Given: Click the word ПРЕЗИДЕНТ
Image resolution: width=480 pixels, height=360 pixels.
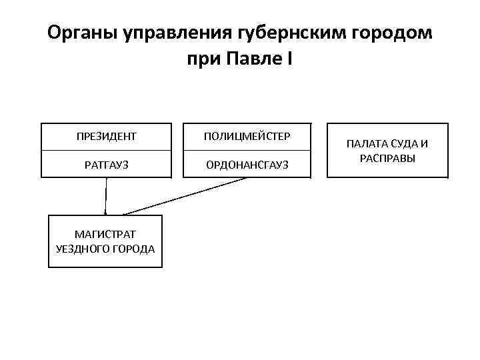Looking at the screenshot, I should pos(107,137).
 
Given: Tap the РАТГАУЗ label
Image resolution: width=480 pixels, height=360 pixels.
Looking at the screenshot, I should pos(107,165).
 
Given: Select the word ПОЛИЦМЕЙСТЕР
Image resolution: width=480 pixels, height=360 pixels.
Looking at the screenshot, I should pos(247,137).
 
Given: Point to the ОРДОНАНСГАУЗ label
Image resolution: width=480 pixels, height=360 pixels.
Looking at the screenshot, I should pos(247,165).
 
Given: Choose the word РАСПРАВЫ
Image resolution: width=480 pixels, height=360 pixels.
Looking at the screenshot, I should pos(387,158).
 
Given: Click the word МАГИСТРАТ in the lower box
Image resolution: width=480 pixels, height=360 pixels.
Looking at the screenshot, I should pos(105,235).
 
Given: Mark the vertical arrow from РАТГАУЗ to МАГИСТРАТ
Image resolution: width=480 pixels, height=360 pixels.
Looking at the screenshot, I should pos(106,197).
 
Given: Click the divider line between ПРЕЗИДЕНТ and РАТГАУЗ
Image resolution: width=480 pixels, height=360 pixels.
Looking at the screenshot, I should pos(107,151).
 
